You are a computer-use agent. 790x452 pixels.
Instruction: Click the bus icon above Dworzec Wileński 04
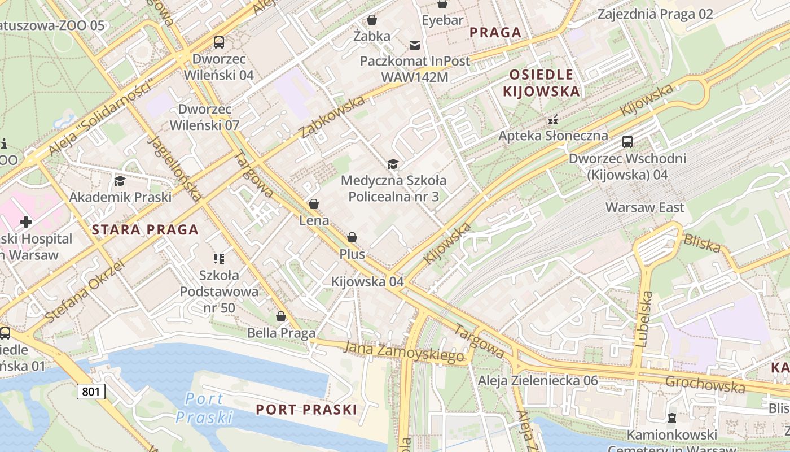219,42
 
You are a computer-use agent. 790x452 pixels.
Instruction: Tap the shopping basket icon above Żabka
372,20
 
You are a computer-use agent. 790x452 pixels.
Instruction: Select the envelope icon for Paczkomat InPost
415,45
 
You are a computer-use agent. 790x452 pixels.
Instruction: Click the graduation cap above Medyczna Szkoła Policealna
393,164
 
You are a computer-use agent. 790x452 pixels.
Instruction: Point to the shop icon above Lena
314,204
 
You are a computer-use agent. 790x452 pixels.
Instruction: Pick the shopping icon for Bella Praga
281,316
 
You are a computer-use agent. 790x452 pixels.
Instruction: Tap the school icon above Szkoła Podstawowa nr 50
219,259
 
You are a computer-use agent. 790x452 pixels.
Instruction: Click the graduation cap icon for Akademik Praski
120,181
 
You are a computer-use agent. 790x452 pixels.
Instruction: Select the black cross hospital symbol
25,222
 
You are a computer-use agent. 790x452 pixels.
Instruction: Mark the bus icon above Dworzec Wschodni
627,142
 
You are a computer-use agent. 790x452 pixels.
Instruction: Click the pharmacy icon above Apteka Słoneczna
553,119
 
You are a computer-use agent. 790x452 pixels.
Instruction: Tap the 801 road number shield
91,391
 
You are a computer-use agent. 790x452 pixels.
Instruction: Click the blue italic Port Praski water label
204,408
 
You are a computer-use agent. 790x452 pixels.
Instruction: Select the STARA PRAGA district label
145,229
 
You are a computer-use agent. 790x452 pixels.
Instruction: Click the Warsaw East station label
644,207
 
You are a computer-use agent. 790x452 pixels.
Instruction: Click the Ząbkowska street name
332,118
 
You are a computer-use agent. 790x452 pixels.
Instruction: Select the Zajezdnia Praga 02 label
655,14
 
